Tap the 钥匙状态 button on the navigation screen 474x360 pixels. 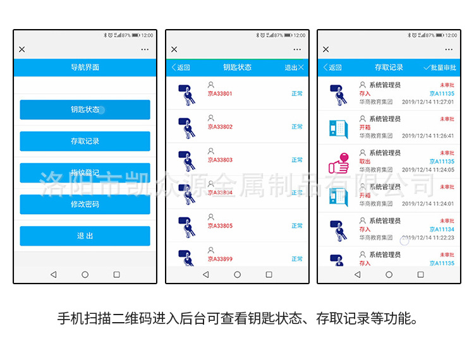pyautogui.click(x=85, y=109)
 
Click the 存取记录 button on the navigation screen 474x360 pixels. pyautogui.click(x=85, y=141)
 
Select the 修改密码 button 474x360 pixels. pyautogui.click(x=85, y=204)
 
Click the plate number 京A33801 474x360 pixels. pyautogui.click(x=220, y=94)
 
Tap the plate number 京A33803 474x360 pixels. pyautogui.click(x=220, y=160)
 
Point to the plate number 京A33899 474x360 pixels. pyautogui.click(x=220, y=259)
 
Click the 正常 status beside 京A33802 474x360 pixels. pyautogui.click(x=297, y=127)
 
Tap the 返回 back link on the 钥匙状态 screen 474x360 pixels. pyautogui.click(x=181, y=68)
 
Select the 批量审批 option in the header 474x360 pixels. pyautogui.click(x=440, y=68)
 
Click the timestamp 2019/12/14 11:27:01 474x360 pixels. pyautogui.click(x=428, y=102)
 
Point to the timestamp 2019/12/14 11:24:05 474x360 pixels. pyautogui.click(x=428, y=170)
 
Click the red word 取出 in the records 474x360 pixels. pyautogui.click(x=365, y=161)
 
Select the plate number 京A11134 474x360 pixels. pyautogui.click(x=442, y=229)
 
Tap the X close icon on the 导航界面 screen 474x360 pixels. pyautogui.click(x=22, y=49)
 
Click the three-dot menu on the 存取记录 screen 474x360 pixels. pyautogui.click(x=449, y=49)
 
